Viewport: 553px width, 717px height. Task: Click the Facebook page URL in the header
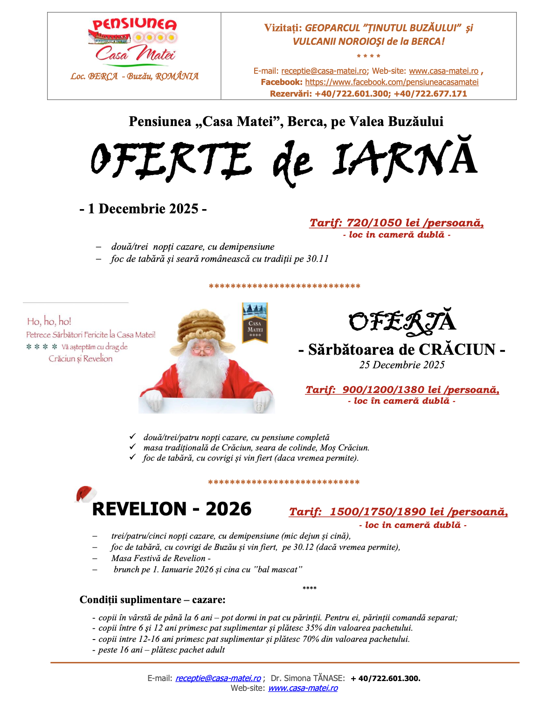point(392,82)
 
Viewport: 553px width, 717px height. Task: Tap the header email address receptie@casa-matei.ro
point(324,71)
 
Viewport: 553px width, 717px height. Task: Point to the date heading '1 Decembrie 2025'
point(143,209)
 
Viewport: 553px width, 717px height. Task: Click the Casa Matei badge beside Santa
point(255,323)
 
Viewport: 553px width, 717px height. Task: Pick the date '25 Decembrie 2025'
point(401,365)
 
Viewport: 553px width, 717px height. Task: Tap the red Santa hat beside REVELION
point(86,494)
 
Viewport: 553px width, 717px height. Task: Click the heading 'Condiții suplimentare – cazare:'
point(152,600)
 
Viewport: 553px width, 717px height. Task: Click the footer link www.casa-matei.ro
point(303,688)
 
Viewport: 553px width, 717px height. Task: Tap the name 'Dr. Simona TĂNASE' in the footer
point(308,678)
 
